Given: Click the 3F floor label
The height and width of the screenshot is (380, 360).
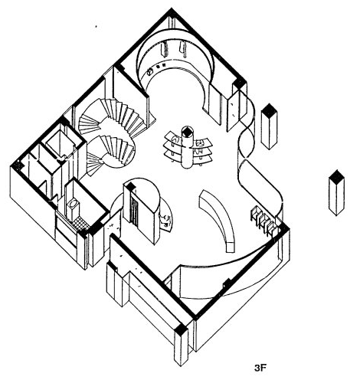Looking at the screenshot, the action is [x=260, y=368].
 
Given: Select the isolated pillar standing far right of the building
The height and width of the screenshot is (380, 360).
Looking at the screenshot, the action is [x=336, y=192].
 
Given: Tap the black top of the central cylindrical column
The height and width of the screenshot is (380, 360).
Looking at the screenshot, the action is [x=188, y=131].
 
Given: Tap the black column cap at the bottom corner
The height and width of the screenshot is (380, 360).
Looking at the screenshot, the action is [x=182, y=329].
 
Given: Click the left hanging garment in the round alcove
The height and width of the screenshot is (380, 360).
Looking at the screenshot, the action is [x=166, y=50].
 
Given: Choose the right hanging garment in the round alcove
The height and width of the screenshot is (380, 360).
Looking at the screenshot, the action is [x=184, y=48].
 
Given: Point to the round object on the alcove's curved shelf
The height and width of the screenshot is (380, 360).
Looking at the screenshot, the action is [x=149, y=71].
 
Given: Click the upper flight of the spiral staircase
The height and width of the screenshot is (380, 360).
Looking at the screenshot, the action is [x=113, y=116].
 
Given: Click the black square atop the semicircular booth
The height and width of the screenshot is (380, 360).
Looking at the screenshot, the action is [x=131, y=187].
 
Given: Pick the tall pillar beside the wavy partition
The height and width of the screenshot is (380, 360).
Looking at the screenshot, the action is [x=269, y=126].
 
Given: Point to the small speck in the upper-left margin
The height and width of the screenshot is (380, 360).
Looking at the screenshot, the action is [x=96, y=26].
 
